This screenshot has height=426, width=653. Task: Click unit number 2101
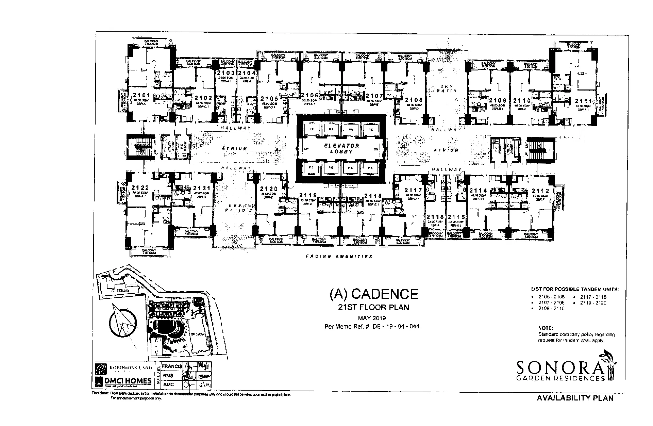[141, 95]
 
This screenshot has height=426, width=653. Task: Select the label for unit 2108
[414, 100]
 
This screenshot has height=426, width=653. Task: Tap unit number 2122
[140, 188]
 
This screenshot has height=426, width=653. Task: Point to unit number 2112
[540, 191]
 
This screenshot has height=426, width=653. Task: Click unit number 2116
[435, 217]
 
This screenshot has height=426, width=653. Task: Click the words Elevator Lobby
[341, 148]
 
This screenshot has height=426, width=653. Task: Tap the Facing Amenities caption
[339, 257]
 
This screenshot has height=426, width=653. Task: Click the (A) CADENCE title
[374, 294]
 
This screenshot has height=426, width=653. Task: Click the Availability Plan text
[575, 398]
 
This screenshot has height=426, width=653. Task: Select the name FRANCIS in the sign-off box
[172, 366]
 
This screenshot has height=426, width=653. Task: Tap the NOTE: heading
[546, 328]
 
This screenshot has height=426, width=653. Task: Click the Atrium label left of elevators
[234, 149]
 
